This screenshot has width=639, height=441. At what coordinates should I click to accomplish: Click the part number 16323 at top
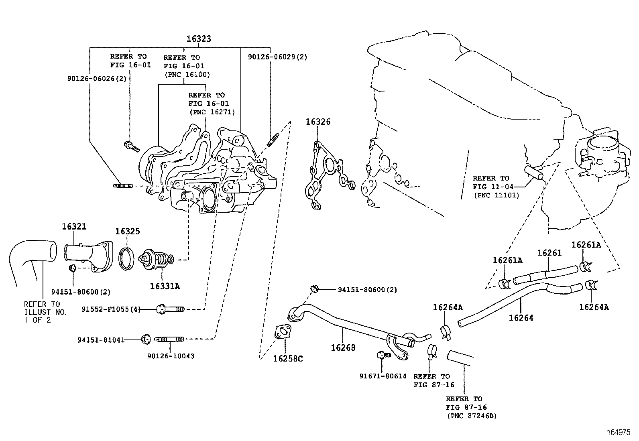point(198,39)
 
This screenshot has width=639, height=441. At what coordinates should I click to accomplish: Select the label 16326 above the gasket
point(318,122)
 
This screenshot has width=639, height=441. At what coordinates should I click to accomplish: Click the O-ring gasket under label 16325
point(128,258)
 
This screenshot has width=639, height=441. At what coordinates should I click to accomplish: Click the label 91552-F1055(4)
point(111,309)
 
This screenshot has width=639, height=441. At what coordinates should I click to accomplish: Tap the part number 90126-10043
point(171,356)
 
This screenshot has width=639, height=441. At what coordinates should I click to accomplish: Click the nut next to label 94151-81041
point(145,339)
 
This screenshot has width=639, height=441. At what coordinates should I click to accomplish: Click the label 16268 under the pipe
point(343,348)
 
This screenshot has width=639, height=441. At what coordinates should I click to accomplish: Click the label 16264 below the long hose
point(521,318)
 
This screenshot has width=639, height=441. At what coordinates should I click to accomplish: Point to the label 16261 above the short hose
point(549,253)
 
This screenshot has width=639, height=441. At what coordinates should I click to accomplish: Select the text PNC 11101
point(496,195)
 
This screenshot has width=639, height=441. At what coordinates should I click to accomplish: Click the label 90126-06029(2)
point(277,57)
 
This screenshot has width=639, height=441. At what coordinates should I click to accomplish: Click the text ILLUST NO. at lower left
point(45,312)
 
